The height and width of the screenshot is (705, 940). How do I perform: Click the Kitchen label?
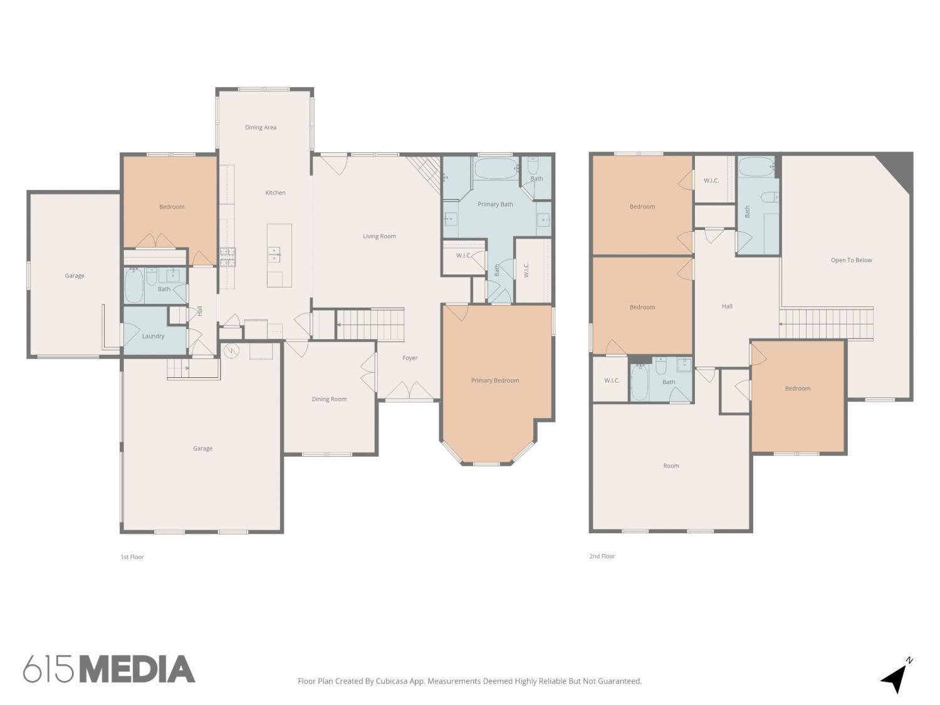275,192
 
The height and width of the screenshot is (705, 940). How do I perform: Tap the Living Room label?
379,236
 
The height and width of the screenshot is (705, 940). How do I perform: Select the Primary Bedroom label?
494,380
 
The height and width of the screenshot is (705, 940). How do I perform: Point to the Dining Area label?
260,127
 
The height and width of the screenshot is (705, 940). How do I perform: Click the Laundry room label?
153,336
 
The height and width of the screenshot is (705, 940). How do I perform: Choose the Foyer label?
409,358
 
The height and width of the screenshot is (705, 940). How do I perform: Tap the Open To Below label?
851,260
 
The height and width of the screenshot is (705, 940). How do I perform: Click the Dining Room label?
329,399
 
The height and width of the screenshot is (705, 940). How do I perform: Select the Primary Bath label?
495,204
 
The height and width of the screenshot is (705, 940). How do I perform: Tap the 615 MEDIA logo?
109,669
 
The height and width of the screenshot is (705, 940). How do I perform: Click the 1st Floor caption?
132,557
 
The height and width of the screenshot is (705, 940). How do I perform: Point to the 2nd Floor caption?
602,556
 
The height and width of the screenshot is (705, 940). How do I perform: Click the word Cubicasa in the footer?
392,681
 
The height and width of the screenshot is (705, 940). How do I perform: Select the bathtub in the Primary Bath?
495,169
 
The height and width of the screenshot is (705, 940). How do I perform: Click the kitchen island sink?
274,254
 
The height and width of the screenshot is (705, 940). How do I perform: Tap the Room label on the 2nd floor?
671,466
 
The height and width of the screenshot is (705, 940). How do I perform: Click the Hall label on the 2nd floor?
727,306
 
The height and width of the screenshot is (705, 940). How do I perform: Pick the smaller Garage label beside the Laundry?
75,276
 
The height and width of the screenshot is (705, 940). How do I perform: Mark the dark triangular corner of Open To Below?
899,169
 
